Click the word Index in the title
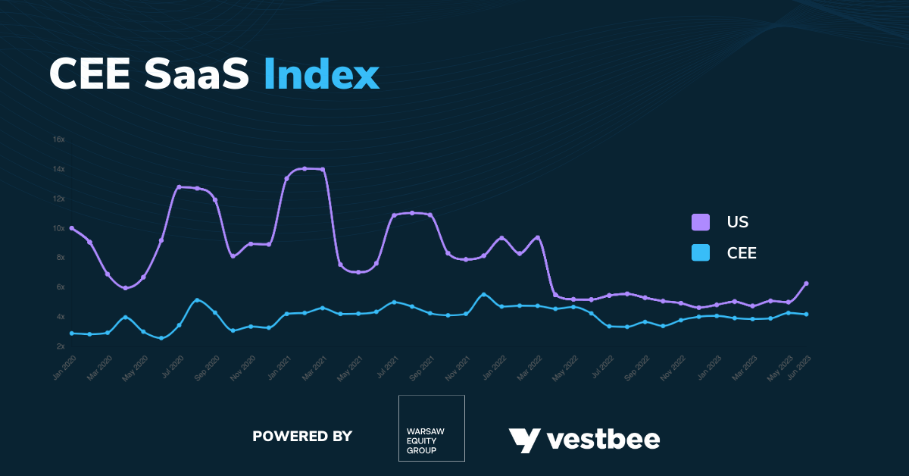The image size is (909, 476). point(321,74)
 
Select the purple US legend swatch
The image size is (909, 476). point(700,222)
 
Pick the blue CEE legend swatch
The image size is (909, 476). point(700,252)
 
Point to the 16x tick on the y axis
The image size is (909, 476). point(58,139)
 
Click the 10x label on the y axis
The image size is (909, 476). point(58,228)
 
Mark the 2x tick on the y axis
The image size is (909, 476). point(60,346)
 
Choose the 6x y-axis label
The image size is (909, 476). point(60,287)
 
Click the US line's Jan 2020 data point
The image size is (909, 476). point(71,228)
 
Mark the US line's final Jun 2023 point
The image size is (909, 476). point(806,283)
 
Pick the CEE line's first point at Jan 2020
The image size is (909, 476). point(71,333)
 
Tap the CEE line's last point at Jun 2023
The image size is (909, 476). point(806,314)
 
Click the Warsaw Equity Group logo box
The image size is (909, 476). point(431,428)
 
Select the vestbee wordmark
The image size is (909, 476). point(603,439)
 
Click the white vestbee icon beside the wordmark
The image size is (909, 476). point(523,440)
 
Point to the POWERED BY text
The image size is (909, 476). point(302,436)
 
